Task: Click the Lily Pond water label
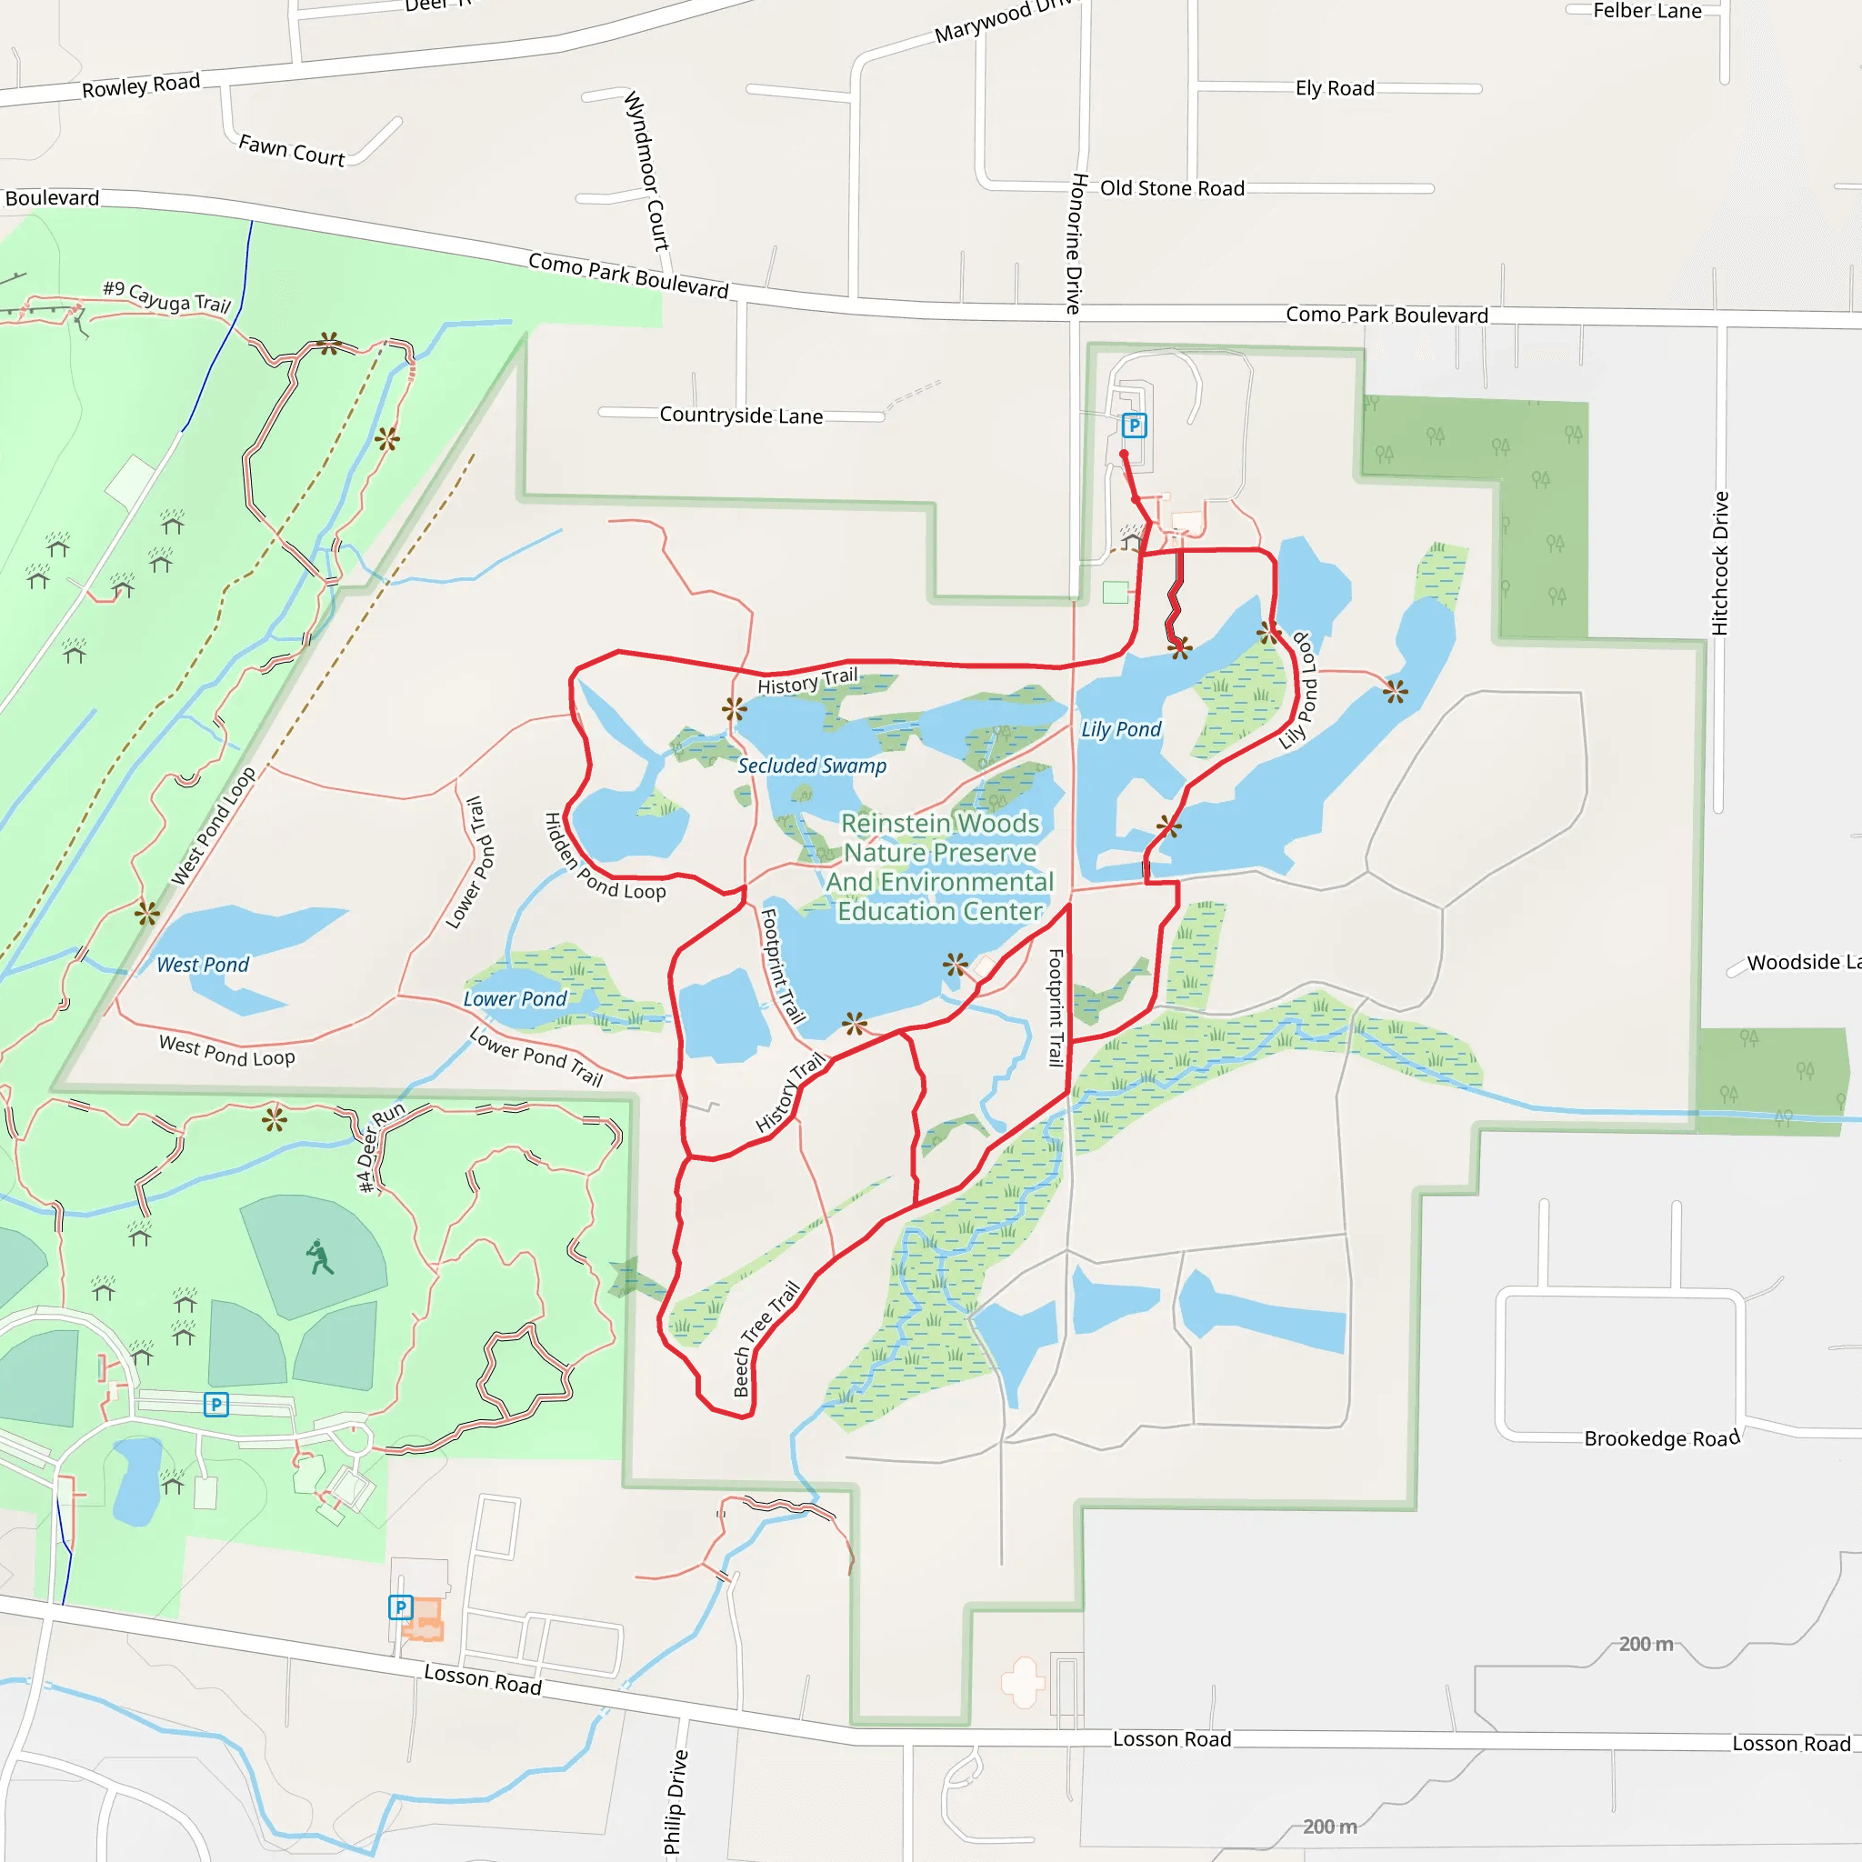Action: pyautogui.click(x=1121, y=729)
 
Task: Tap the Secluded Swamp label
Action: pyautogui.click(x=812, y=766)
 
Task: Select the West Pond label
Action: pyautogui.click(x=203, y=965)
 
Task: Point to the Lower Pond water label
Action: pyautogui.click(x=515, y=999)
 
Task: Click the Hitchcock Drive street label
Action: pyautogui.click(x=1719, y=563)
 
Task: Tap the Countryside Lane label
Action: pyautogui.click(x=740, y=415)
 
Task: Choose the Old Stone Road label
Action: pyautogui.click(x=1172, y=188)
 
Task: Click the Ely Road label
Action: pyautogui.click(x=1334, y=89)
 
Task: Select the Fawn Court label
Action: pyautogui.click(x=291, y=150)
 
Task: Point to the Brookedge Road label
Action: pyautogui.click(x=1662, y=1439)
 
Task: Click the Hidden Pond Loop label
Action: pyautogui.click(x=604, y=858)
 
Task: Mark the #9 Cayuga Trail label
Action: pyautogui.click(x=166, y=296)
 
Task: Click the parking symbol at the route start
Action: pyautogui.click(x=1135, y=425)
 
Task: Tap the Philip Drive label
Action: pyautogui.click(x=676, y=1801)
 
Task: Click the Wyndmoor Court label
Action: pyautogui.click(x=646, y=171)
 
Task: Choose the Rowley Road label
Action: pyautogui.click(x=141, y=85)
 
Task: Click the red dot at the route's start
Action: pyautogui.click(x=1124, y=454)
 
